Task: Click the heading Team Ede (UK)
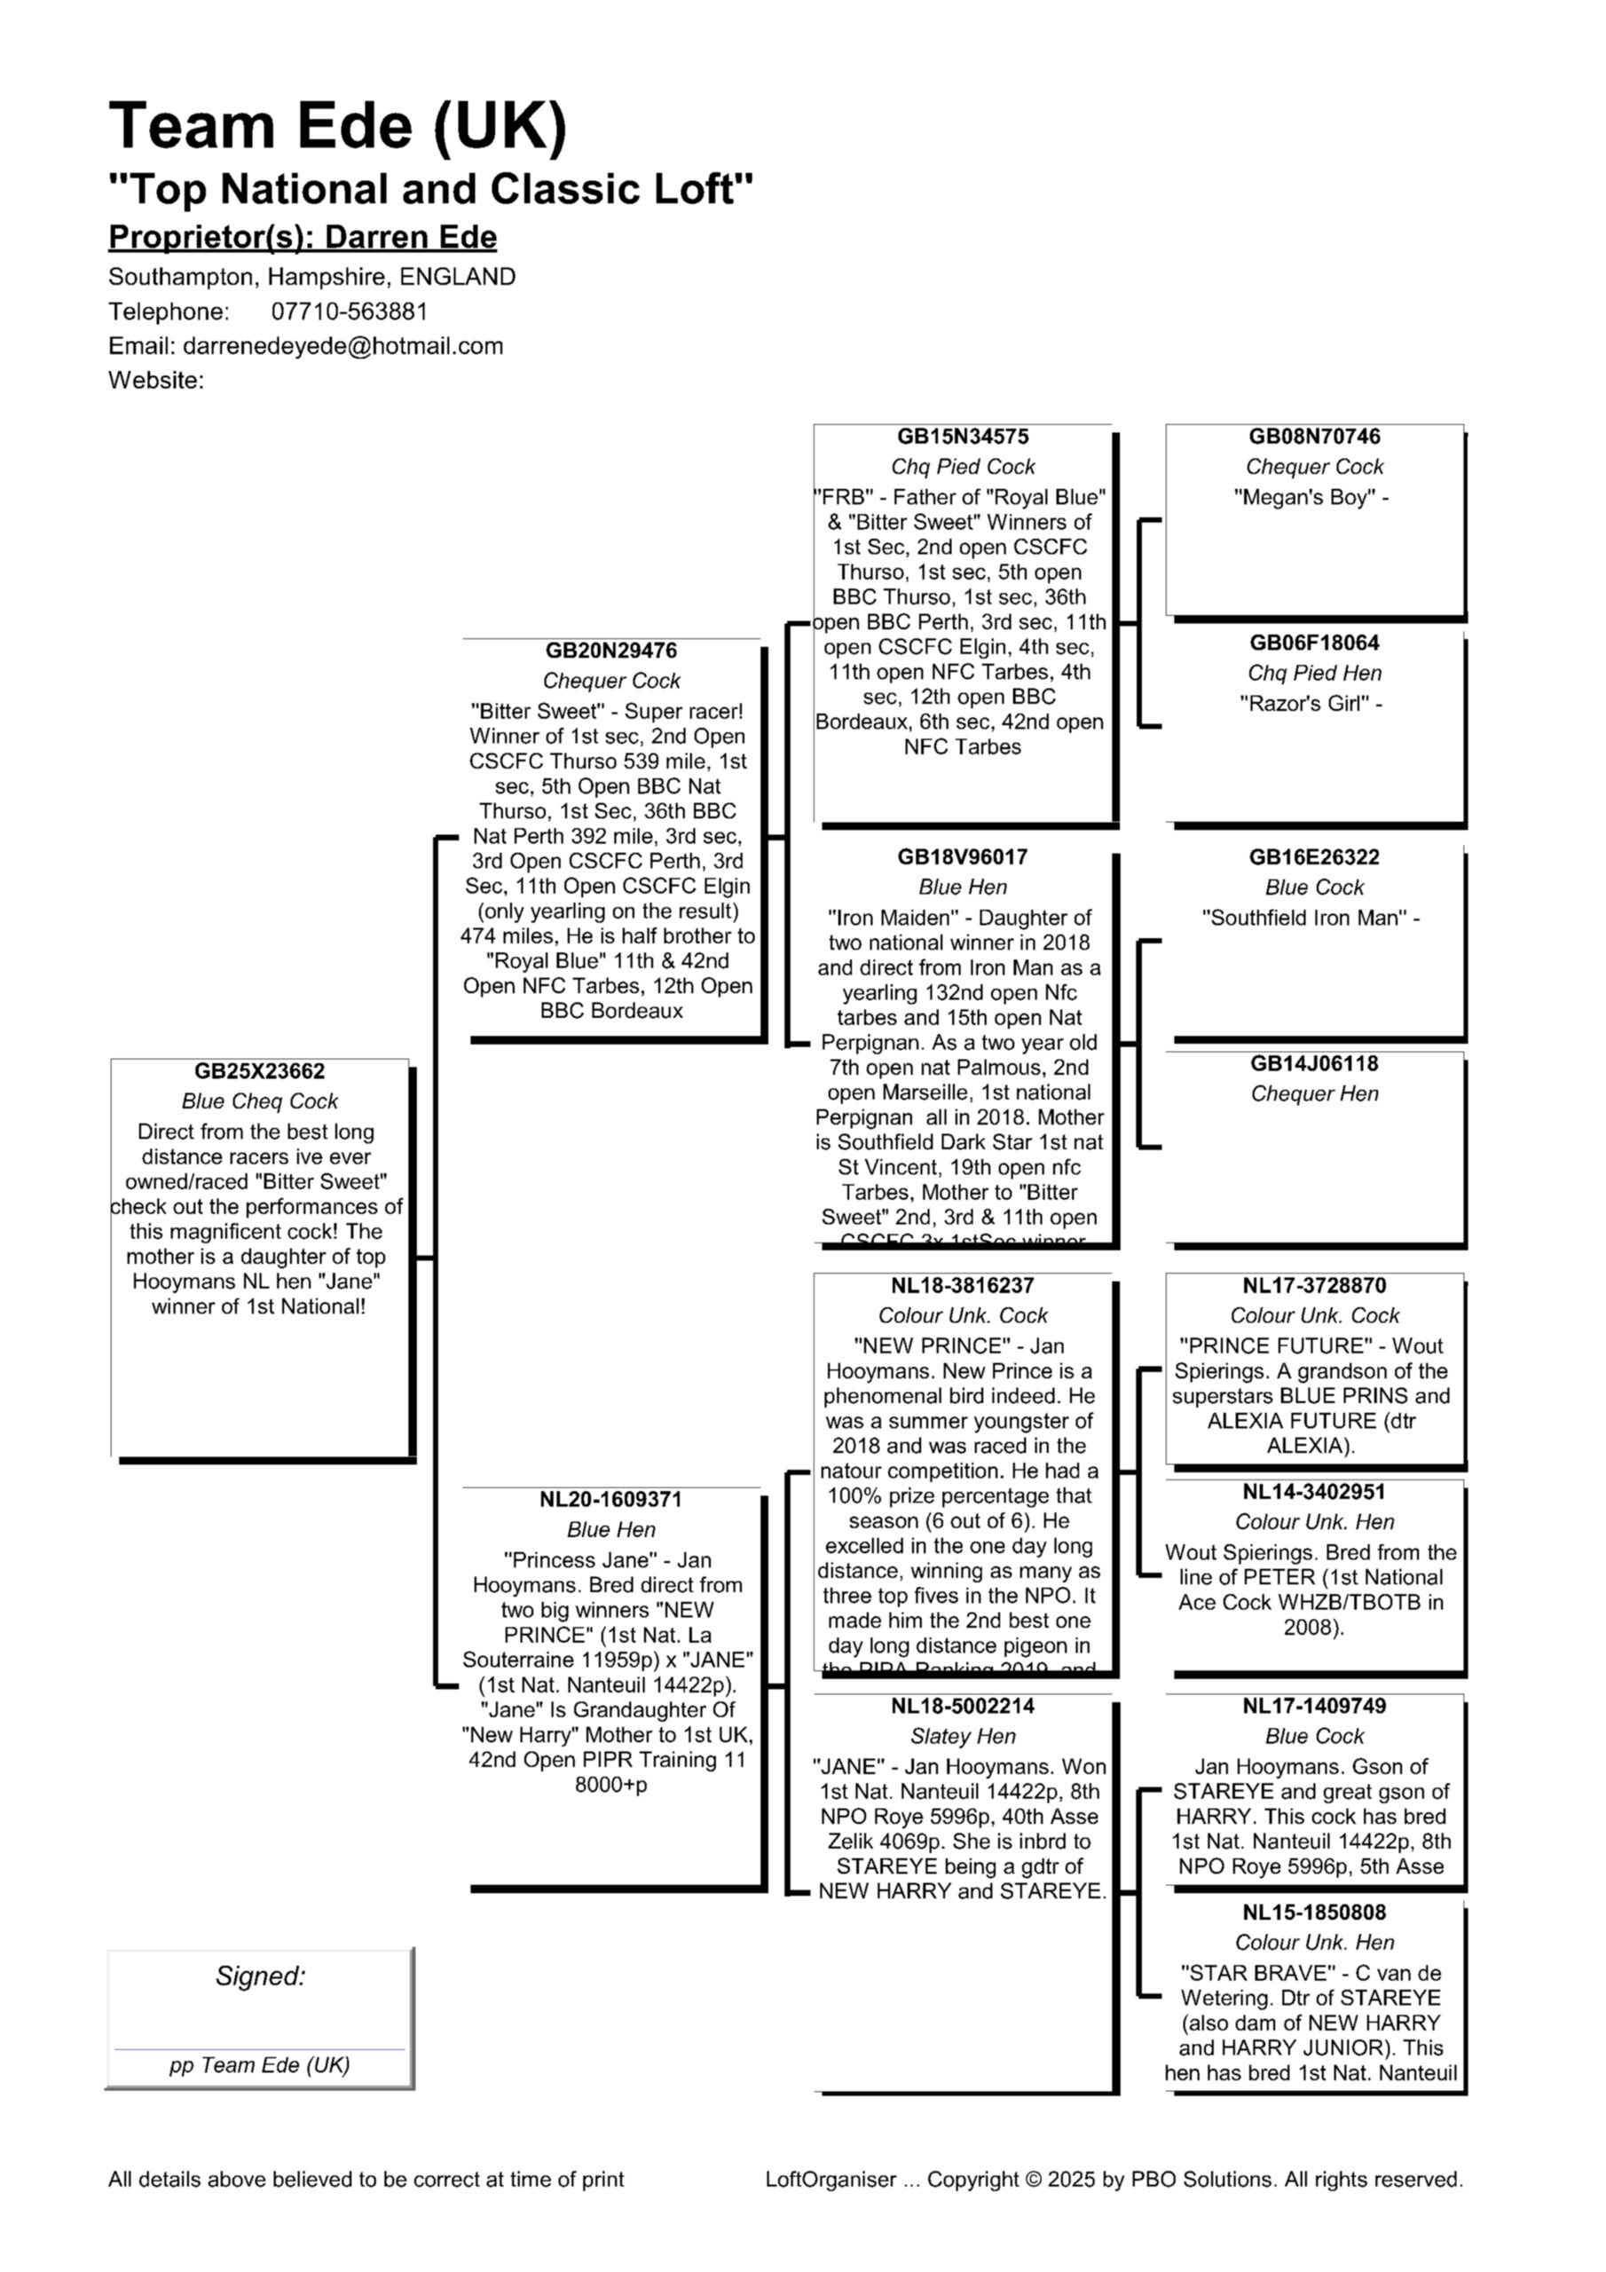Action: (337, 127)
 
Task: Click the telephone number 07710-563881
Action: (350, 312)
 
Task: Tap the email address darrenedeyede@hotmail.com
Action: (342, 346)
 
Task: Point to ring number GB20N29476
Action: (610, 651)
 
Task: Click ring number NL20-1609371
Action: (610, 1499)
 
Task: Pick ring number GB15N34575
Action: (962, 437)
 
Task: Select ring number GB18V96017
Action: (962, 857)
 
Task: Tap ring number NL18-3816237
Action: (962, 1285)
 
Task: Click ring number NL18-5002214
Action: (962, 1706)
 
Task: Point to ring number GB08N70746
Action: (1313, 437)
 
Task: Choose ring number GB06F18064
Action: (1313, 643)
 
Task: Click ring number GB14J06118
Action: (1313, 1064)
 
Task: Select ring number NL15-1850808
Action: (1313, 1913)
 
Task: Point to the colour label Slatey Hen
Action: (962, 1737)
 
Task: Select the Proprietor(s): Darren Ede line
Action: (302, 238)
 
